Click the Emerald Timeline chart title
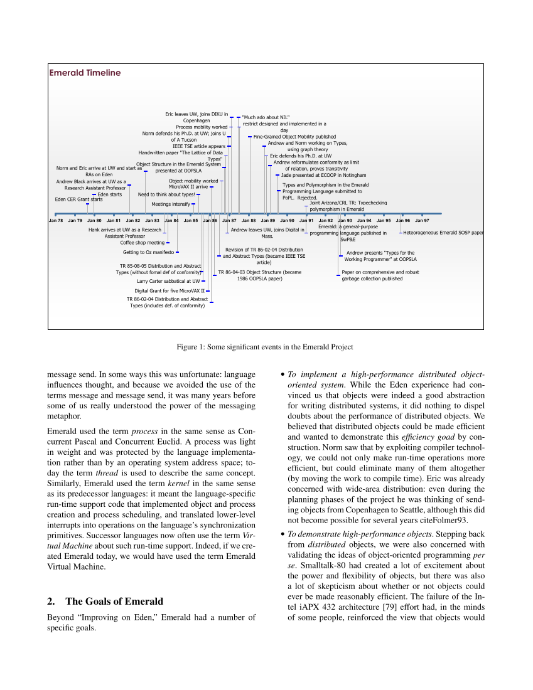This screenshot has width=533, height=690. tap(85, 73)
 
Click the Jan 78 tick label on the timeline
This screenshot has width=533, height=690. tap(56, 221)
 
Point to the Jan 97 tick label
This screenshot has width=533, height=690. tap(423, 221)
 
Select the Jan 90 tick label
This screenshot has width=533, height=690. tap(288, 221)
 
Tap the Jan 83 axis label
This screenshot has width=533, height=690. tap(153, 221)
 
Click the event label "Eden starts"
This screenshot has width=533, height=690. tap(110, 194)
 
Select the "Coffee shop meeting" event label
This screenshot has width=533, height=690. tap(143, 242)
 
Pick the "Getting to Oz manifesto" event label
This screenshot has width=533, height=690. tap(148, 252)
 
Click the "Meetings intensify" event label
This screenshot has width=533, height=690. tap(171, 204)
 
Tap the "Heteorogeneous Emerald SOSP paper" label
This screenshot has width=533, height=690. tap(443, 233)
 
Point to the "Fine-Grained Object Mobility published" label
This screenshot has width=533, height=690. tap(294, 136)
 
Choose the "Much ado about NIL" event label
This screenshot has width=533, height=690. tap(266, 117)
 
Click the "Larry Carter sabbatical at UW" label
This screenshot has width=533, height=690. tap(168, 282)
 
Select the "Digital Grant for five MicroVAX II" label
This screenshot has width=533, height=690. tap(170, 291)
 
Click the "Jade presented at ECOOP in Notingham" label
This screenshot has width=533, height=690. tap(323, 175)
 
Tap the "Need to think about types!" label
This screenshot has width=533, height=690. tap(166, 194)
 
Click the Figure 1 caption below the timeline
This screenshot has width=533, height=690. tap(265, 347)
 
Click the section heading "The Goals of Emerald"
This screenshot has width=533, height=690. tap(105, 602)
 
